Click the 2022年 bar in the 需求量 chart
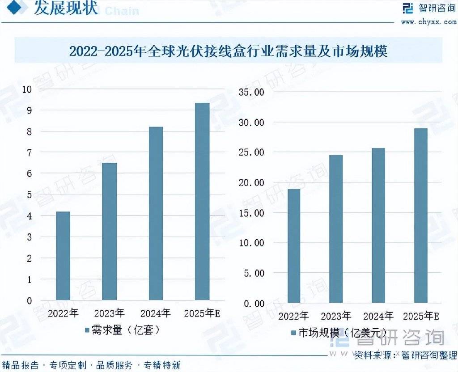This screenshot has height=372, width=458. (63, 256)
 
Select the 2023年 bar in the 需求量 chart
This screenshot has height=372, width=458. (110, 231)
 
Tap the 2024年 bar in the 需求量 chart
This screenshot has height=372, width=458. (156, 213)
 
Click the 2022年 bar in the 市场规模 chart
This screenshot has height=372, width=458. (294, 246)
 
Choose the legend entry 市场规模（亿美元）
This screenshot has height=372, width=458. (338, 333)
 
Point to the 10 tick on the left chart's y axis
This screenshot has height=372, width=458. (27, 89)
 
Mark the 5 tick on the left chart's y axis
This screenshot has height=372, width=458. (29, 194)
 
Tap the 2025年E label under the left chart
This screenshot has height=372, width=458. (202, 313)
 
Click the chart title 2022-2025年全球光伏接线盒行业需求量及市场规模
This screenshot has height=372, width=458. (228, 51)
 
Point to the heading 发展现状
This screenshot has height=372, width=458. (66, 9)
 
